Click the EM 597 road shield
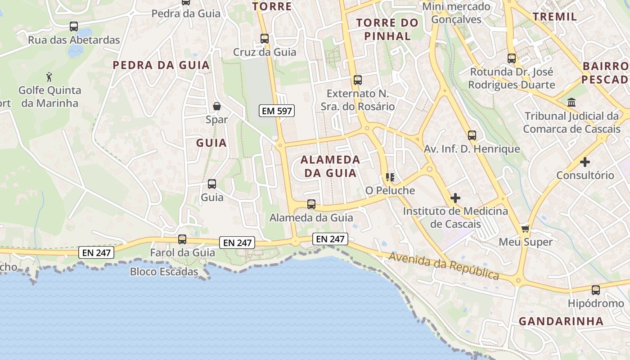pos(277,111)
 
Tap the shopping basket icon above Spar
pos(217,106)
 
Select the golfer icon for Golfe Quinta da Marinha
pos(49,77)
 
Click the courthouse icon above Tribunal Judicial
pos(571,103)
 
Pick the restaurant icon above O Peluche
pos(390,177)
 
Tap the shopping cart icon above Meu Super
pos(525,229)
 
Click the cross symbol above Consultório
pos(585,162)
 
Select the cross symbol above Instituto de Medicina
pos(455,198)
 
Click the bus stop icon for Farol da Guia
pos(182,239)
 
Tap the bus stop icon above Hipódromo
pos(596,290)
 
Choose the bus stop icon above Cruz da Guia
pos(265,39)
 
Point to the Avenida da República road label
pos(444,265)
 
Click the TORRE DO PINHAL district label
pos(387,29)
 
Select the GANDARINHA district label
pos(561,321)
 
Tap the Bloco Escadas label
pos(164,272)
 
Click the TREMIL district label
pos(554,17)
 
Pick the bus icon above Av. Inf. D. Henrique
pos(472,135)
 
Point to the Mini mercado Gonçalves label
pos(456,13)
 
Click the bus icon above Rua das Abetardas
pos(74,27)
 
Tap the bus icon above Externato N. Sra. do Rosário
pos(358,81)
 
